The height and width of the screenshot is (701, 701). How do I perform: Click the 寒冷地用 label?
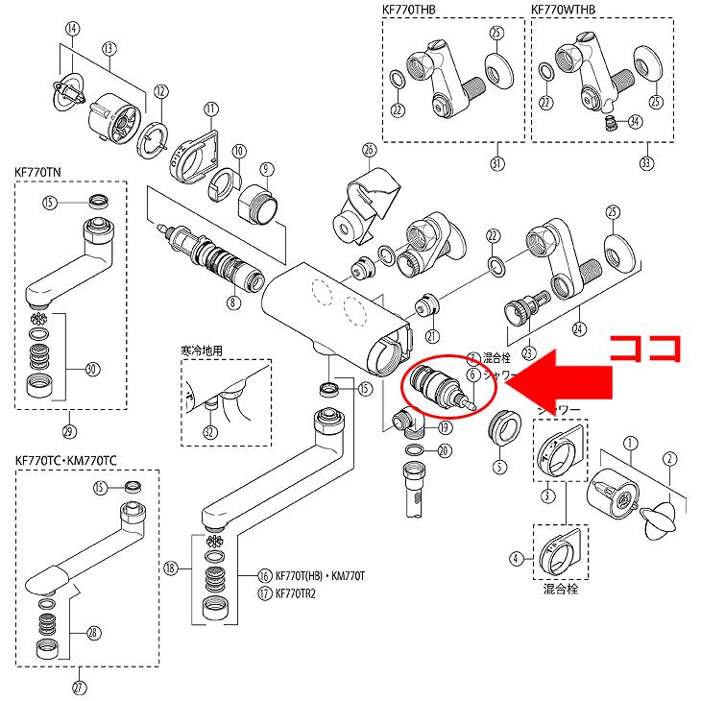click(x=202, y=350)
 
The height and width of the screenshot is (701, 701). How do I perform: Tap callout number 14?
click(x=70, y=28)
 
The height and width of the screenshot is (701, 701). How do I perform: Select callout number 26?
click(x=367, y=149)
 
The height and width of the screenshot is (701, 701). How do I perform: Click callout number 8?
click(x=232, y=303)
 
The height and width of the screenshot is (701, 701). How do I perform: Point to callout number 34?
click(x=635, y=122)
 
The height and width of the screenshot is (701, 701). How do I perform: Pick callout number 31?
click(x=496, y=163)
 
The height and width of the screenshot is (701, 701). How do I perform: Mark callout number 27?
click(x=79, y=686)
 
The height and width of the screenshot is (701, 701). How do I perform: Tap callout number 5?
click(x=498, y=468)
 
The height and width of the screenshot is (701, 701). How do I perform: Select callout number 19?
click(x=444, y=426)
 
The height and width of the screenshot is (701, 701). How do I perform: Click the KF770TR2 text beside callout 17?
click(x=302, y=592)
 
